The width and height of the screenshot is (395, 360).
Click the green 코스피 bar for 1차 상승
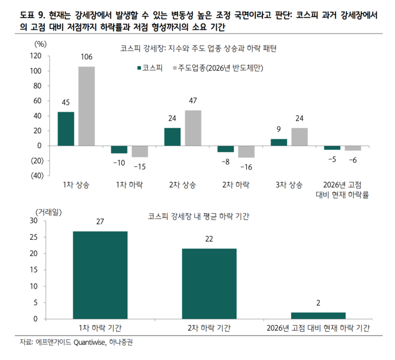coord(65,128)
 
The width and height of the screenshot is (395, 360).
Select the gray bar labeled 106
coord(87,106)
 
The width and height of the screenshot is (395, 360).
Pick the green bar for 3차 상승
coord(279,142)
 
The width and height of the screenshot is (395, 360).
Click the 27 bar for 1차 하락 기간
coord(100,275)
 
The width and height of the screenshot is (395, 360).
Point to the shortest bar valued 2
coord(318,316)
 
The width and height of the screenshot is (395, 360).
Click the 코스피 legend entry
coord(151,68)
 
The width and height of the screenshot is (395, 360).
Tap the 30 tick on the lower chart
coord(34,220)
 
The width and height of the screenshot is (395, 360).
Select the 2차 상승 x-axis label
coord(182,184)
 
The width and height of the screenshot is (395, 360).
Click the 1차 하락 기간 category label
coord(101,328)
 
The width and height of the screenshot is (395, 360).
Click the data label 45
coord(65,102)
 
